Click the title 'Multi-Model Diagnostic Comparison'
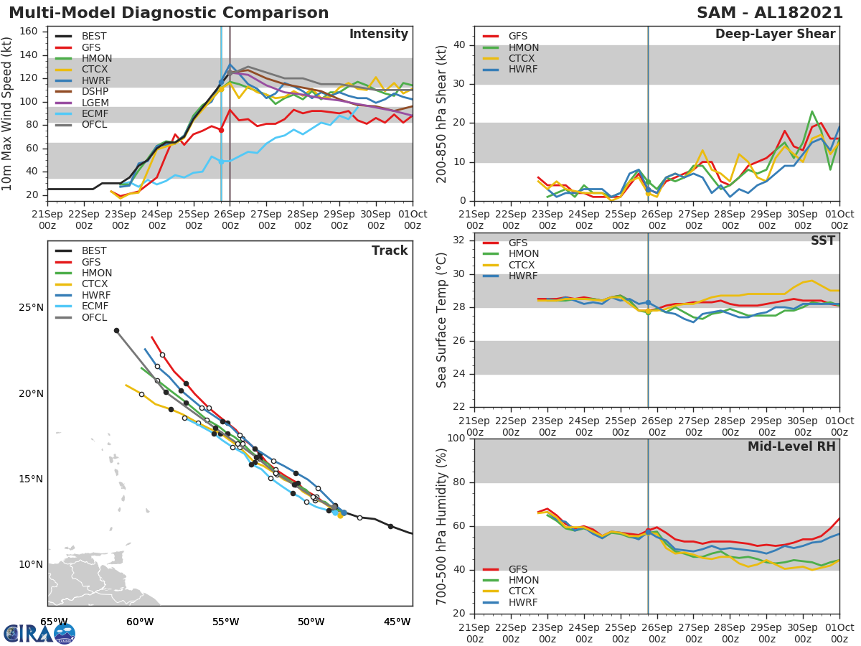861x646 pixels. tap(169, 13)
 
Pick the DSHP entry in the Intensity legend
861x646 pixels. tap(95, 92)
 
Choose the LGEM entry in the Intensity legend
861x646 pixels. tap(95, 103)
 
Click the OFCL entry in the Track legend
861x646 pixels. tap(94, 317)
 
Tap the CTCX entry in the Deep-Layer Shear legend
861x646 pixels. tap(523, 58)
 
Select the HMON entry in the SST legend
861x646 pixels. tap(523, 254)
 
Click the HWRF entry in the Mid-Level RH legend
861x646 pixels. tap(523, 602)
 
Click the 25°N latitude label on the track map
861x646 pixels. tap(31, 308)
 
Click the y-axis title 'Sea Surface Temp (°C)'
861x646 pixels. tap(442, 320)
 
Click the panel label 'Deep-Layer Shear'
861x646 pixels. tap(775, 34)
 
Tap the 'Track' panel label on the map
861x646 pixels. tap(390, 251)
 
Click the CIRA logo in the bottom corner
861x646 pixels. tap(39, 633)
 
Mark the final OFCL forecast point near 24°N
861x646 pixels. tap(116, 331)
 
